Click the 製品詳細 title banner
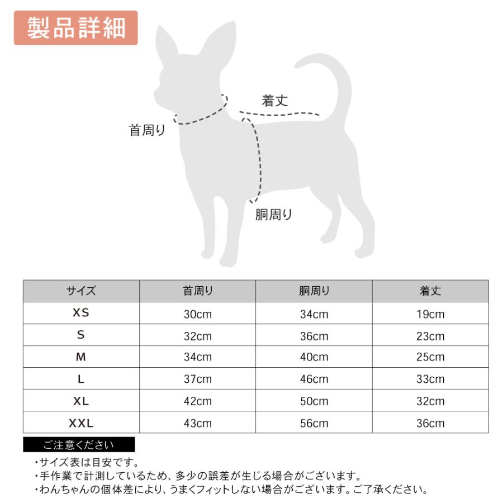tap(75, 27)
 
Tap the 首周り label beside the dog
tap(147, 131)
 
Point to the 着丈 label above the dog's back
tap(275, 101)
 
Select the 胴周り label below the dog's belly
tap(274, 214)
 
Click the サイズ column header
tap(81, 291)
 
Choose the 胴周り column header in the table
tap(314, 291)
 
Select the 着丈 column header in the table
tap(430, 291)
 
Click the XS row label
tap(81, 314)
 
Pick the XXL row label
tap(81, 423)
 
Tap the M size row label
tap(81, 357)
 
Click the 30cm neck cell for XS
tap(198, 314)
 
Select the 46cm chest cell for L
tap(314, 379)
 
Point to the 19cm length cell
tap(430, 314)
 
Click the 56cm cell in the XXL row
tap(314, 423)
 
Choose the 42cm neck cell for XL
tap(198, 401)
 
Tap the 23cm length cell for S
tap(430, 336)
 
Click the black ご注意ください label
tap(79, 445)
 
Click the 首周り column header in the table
tap(198, 291)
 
